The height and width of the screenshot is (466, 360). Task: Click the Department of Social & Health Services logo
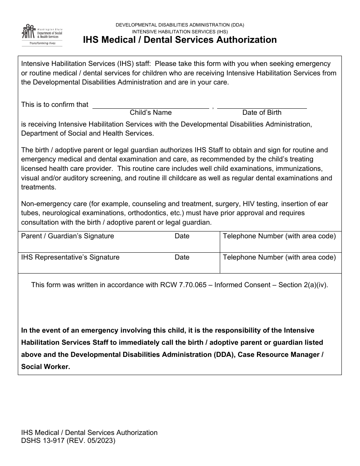coord(42,35)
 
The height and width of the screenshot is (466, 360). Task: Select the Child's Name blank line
coord(150,106)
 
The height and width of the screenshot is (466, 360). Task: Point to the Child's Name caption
coord(150,113)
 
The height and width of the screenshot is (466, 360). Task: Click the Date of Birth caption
coord(262,113)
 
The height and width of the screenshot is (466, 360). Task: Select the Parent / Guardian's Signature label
coord(67,236)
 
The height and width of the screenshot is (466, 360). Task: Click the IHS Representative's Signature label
coord(70,257)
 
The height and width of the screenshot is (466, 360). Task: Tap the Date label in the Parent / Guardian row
coord(182,236)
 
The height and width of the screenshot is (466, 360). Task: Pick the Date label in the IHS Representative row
coord(182,257)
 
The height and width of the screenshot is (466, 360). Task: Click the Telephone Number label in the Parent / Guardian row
coord(279,236)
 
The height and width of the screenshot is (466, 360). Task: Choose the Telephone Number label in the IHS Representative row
coord(279,257)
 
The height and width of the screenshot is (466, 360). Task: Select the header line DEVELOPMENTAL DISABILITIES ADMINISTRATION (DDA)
coord(180,25)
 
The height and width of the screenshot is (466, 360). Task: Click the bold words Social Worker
coord(45,367)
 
